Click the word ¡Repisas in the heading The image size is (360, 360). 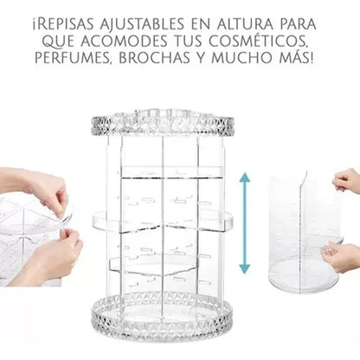pos(63,24)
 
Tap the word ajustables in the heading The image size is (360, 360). pos(142,24)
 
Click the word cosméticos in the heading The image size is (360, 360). pos(257,41)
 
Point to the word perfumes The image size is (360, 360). pos(74,57)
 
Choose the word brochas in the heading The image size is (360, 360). pos(154,57)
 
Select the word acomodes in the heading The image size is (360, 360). pos(124,41)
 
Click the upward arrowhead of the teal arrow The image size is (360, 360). pos(245,177)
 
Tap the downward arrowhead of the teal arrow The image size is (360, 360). pos(245,268)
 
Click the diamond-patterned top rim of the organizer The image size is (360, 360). pos(163,125)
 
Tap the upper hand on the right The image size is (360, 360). pos(347,181)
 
